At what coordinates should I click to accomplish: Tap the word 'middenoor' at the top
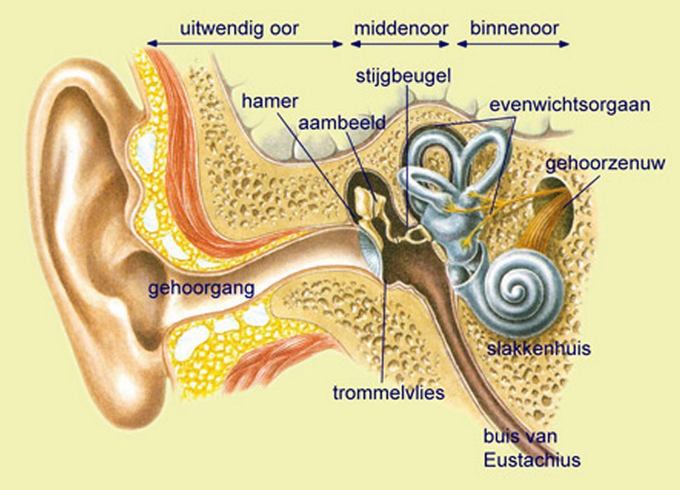[x=401, y=28]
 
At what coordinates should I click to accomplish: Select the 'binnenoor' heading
[x=514, y=28]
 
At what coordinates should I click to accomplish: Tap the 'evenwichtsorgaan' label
[x=569, y=105]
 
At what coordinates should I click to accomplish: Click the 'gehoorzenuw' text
[x=605, y=164]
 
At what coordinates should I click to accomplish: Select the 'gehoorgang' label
[x=202, y=289]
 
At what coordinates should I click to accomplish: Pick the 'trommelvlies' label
[x=388, y=392]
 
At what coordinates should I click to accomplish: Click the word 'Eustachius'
[x=532, y=460]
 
